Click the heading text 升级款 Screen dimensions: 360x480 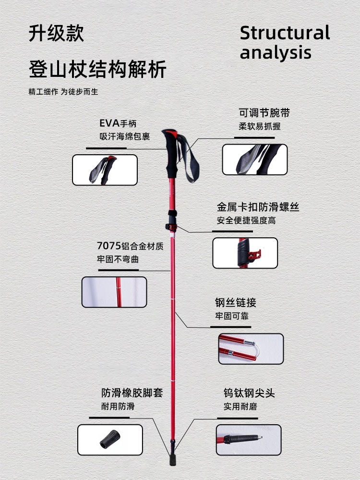56,33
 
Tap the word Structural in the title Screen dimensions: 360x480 285,33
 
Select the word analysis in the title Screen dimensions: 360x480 276,52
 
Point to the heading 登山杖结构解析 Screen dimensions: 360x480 97,69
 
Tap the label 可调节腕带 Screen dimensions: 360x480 264,113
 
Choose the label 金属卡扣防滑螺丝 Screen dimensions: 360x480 258,208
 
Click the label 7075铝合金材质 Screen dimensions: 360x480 130,246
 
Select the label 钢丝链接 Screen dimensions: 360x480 236,303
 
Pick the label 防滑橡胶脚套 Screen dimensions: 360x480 132,393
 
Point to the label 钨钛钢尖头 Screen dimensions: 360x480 249,393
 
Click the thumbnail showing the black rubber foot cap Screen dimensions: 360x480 110,440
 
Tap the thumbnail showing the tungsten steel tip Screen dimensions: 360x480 248,440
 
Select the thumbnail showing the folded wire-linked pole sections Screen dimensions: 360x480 251,349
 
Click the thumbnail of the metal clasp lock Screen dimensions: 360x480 245,253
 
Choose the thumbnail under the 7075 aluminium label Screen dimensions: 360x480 114,292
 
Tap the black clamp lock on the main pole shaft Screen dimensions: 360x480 171,220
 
